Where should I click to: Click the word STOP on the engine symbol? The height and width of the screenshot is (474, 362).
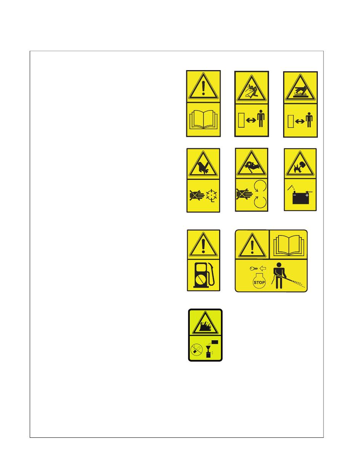pyautogui.click(x=259, y=282)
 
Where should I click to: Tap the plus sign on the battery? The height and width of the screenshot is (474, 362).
pyautogui.click(x=307, y=195)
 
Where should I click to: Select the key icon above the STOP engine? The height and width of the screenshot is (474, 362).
pyautogui.click(x=253, y=269)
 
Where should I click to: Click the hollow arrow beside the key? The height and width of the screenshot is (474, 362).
pyautogui.click(x=263, y=268)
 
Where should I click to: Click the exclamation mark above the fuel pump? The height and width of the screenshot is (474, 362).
pyautogui.click(x=203, y=247)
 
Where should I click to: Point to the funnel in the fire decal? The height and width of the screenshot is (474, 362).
pyautogui.click(x=208, y=348)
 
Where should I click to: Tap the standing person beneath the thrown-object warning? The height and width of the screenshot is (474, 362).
pyautogui.click(x=261, y=119)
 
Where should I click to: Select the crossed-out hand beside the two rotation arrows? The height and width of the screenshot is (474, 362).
pyautogui.click(x=244, y=194)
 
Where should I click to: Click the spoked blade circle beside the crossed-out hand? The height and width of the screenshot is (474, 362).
pyautogui.click(x=211, y=195)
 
